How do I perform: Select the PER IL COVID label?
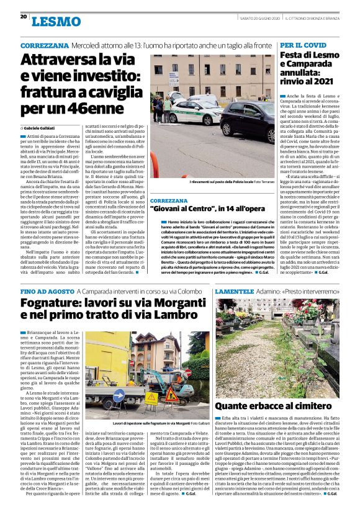(x=302, y=47)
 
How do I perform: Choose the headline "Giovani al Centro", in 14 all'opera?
(x=200, y=210)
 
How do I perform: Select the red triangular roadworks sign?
(x=172, y=395)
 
